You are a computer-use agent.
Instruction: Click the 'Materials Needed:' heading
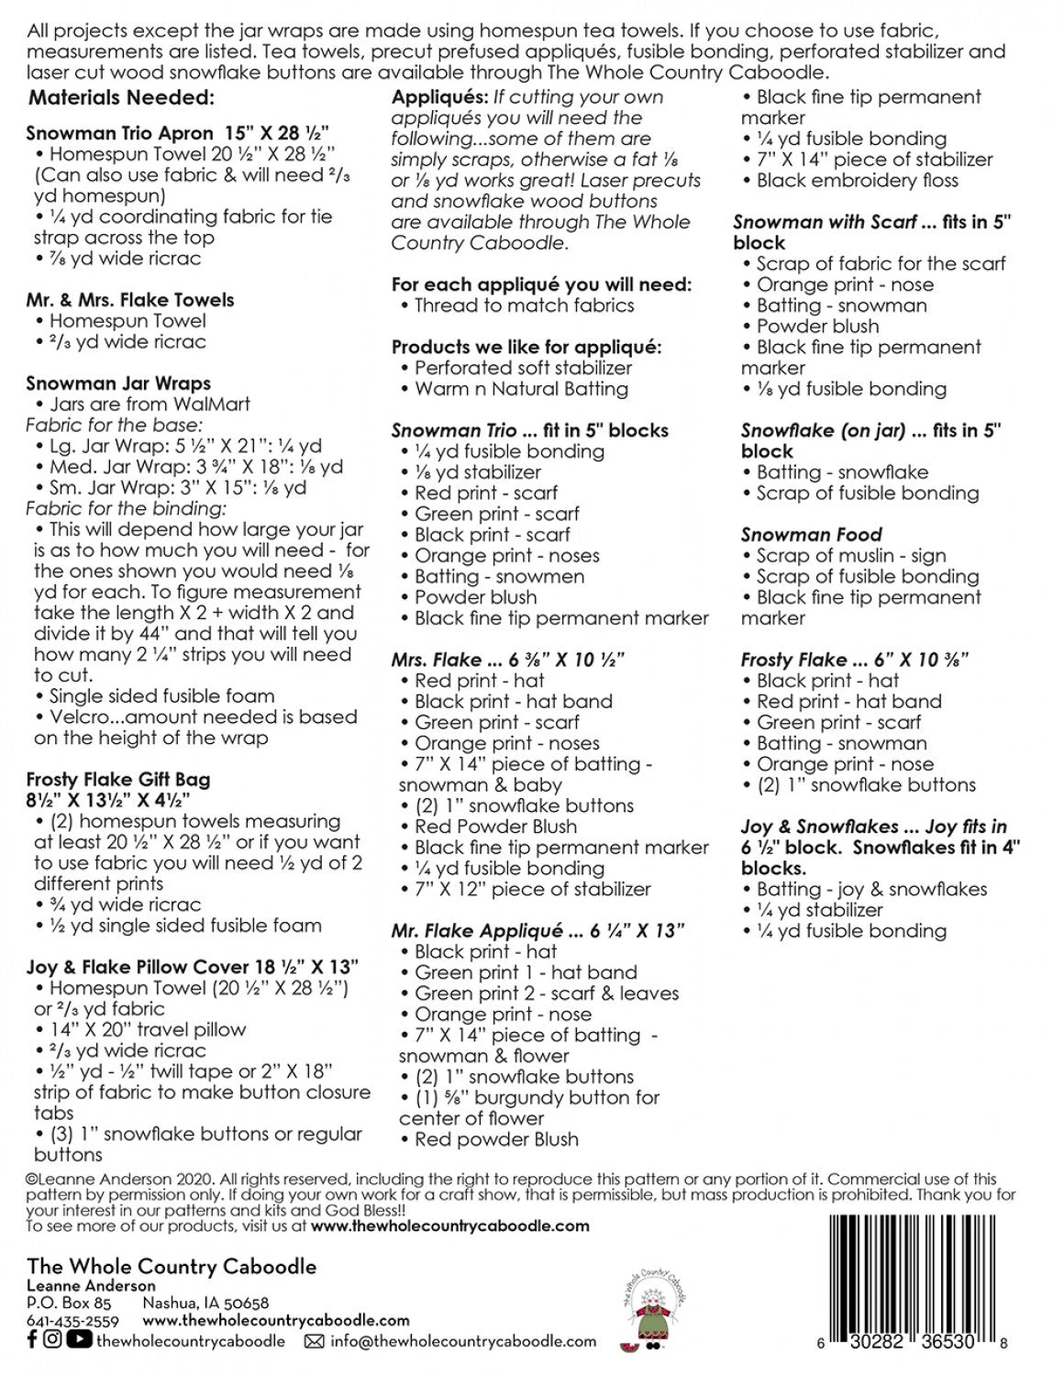pos(121,98)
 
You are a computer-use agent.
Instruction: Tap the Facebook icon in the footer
pos(32,1340)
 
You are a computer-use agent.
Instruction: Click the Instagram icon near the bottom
pos(52,1340)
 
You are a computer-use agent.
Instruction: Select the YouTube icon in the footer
pos(79,1340)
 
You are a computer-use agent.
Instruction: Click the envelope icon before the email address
pos(314,1341)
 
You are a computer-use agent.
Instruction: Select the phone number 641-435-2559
pos(72,1321)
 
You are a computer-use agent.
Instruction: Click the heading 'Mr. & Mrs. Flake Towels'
pos(129,300)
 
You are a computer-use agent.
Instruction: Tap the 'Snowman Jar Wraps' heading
pos(118,383)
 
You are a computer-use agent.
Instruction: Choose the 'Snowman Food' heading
pos(811,535)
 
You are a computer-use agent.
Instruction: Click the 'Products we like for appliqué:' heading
pos(526,348)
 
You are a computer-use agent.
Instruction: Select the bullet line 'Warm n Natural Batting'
pos(521,389)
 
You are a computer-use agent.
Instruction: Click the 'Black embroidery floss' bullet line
pos(857,181)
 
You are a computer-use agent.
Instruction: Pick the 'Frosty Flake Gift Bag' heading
pos(118,780)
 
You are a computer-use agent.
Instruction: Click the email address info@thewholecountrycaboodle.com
pos(463,1341)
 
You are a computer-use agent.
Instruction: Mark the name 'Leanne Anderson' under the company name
pos(91,1286)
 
